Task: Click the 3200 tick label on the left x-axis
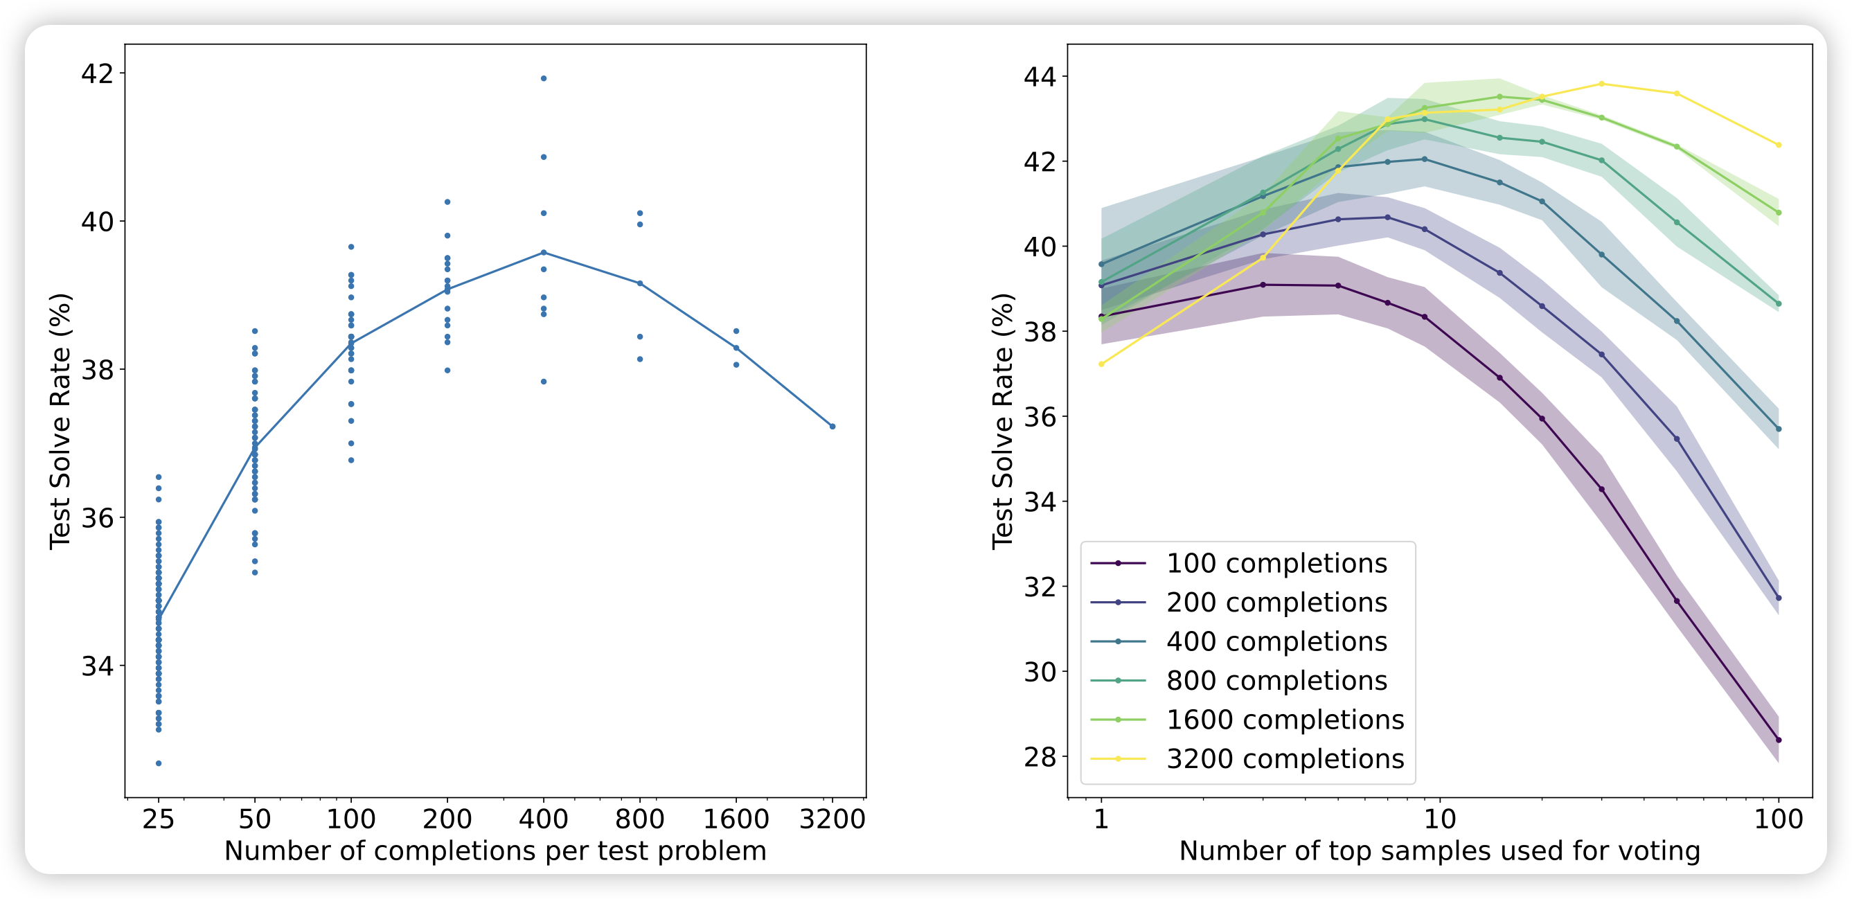[832, 819]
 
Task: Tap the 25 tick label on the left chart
[158, 819]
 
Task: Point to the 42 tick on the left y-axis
[97, 73]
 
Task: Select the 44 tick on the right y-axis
[1040, 76]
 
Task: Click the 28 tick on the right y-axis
[1040, 756]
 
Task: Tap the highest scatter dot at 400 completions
[544, 78]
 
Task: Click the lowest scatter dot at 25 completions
[159, 763]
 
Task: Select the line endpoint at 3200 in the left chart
[832, 427]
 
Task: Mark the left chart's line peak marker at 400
[544, 252]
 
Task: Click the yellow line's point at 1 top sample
[1101, 364]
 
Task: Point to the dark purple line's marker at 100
[1779, 740]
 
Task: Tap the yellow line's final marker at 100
[1779, 145]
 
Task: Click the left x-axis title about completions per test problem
[495, 851]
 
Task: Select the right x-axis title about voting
[1439, 851]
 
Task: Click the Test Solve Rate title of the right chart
[1002, 422]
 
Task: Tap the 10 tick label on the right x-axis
[1439, 819]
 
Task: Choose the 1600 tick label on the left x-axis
[736, 819]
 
